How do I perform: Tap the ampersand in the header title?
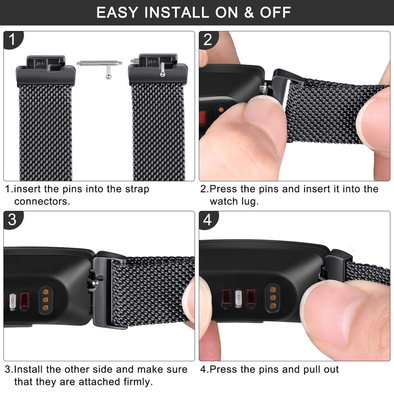pyautogui.click(x=249, y=12)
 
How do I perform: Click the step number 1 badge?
pyautogui.click(x=13, y=39)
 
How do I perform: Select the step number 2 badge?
pyautogui.click(x=209, y=40)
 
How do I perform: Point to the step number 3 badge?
pyautogui.click(x=13, y=220)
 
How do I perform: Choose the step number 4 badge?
pyautogui.click(x=209, y=220)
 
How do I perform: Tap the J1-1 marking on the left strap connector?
pyautogui.click(x=40, y=64)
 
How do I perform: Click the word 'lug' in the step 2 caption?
pyautogui.click(x=249, y=202)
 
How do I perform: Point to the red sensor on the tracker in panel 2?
pyautogui.click(x=203, y=118)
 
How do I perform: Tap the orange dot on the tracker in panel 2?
pyautogui.click(x=221, y=110)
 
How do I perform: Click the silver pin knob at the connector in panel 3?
pyautogui.click(x=95, y=283)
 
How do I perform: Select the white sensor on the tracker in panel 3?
pyautogui.click(x=12, y=302)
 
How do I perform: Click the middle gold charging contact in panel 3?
pyautogui.click(x=46, y=300)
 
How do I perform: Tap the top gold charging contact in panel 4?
pyautogui.click(x=273, y=290)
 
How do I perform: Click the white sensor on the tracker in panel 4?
pyautogui.click(x=238, y=298)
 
